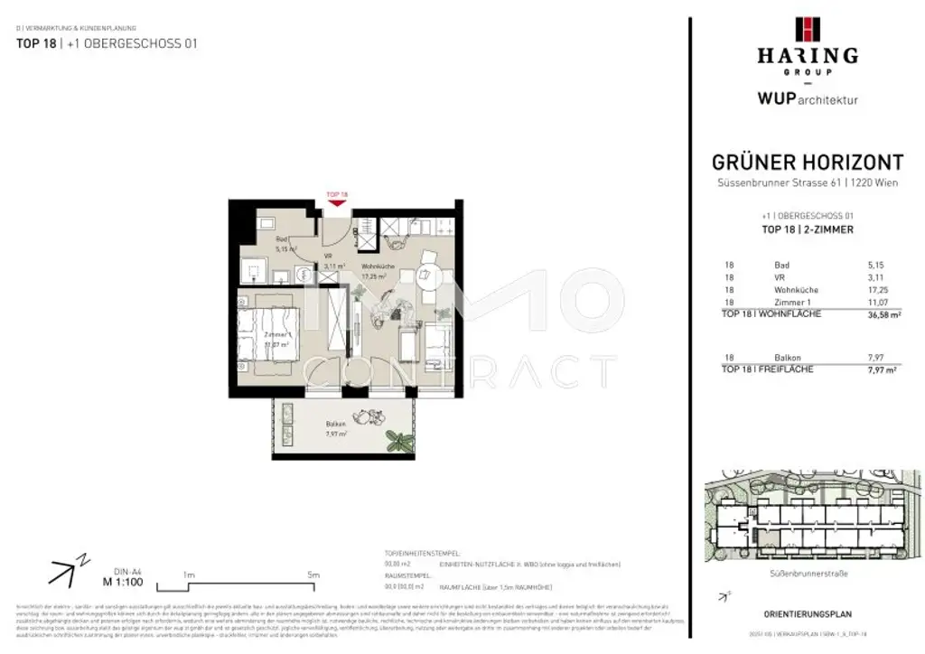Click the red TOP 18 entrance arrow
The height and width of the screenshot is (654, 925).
coord(337,202)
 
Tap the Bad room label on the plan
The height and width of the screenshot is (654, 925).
coord(281,239)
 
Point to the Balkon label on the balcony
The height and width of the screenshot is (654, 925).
coord(336,425)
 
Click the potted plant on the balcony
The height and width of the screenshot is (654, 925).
coord(397,441)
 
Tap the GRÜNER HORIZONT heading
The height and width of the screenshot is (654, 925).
coord(807,163)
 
